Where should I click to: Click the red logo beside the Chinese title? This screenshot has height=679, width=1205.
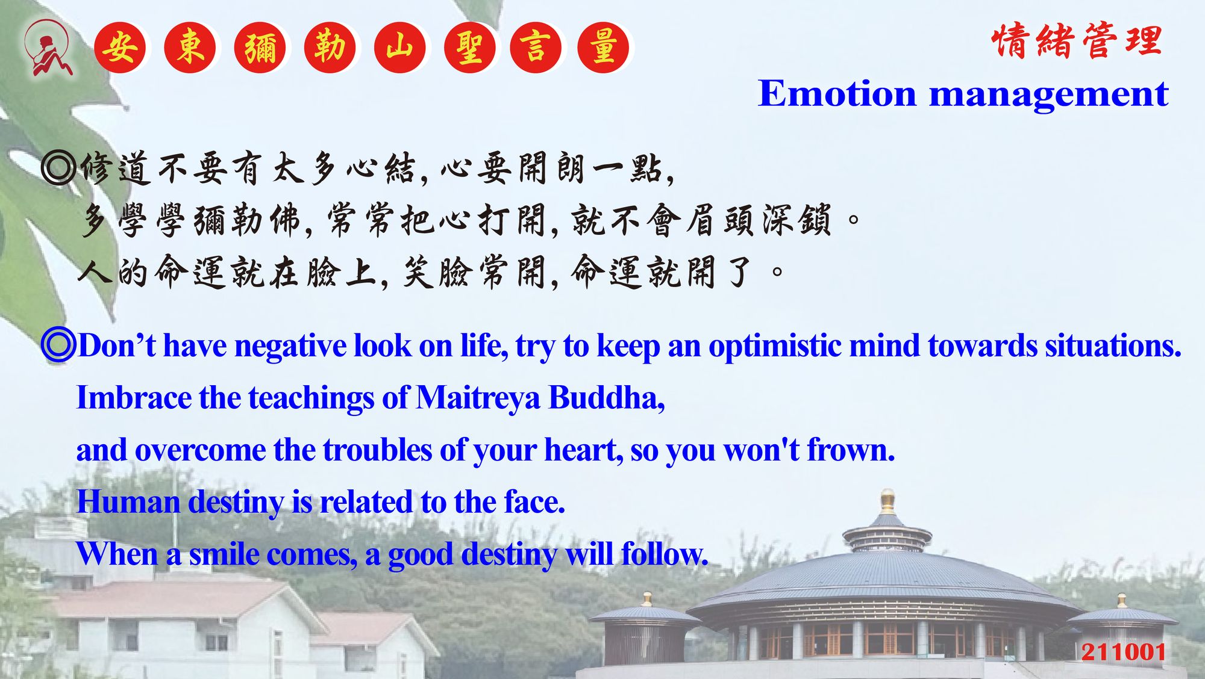tap(48, 48)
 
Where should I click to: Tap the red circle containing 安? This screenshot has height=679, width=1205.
tap(120, 48)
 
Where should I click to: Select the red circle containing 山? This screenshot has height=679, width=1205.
tap(400, 48)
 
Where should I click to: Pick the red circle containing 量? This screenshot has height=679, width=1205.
tap(603, 48)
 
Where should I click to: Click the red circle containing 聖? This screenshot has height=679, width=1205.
tap(470, 48)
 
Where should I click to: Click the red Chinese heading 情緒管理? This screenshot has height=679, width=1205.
tap(1077, 41)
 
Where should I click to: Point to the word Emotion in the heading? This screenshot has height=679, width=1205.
tap(837, 94)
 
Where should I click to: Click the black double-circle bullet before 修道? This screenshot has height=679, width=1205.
tap(58, 168)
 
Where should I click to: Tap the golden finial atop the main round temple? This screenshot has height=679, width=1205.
tap(887, 501)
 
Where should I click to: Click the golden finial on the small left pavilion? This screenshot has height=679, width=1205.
tap(646, 599)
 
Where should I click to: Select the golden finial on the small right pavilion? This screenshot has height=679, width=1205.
tap(1121, 600)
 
